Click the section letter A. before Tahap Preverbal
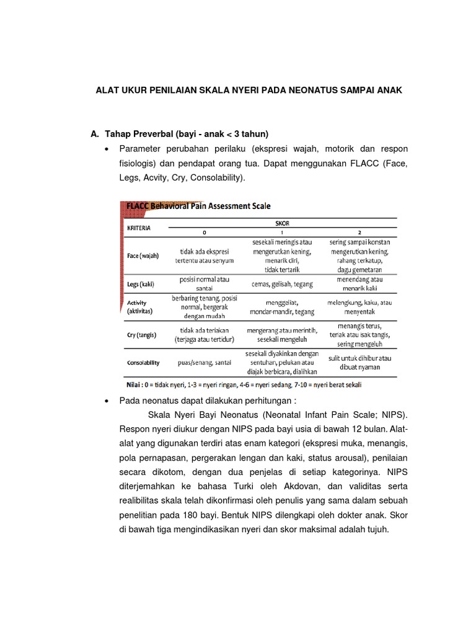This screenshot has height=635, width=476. click(x=95, y=133)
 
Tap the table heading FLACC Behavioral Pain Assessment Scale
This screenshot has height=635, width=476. click(x=198, y=205)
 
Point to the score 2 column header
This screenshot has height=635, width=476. click(x=359, y=233)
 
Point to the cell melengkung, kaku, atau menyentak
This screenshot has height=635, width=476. click(x=360, y=307)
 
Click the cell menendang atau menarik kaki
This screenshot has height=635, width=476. click(x=360, y=284)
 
